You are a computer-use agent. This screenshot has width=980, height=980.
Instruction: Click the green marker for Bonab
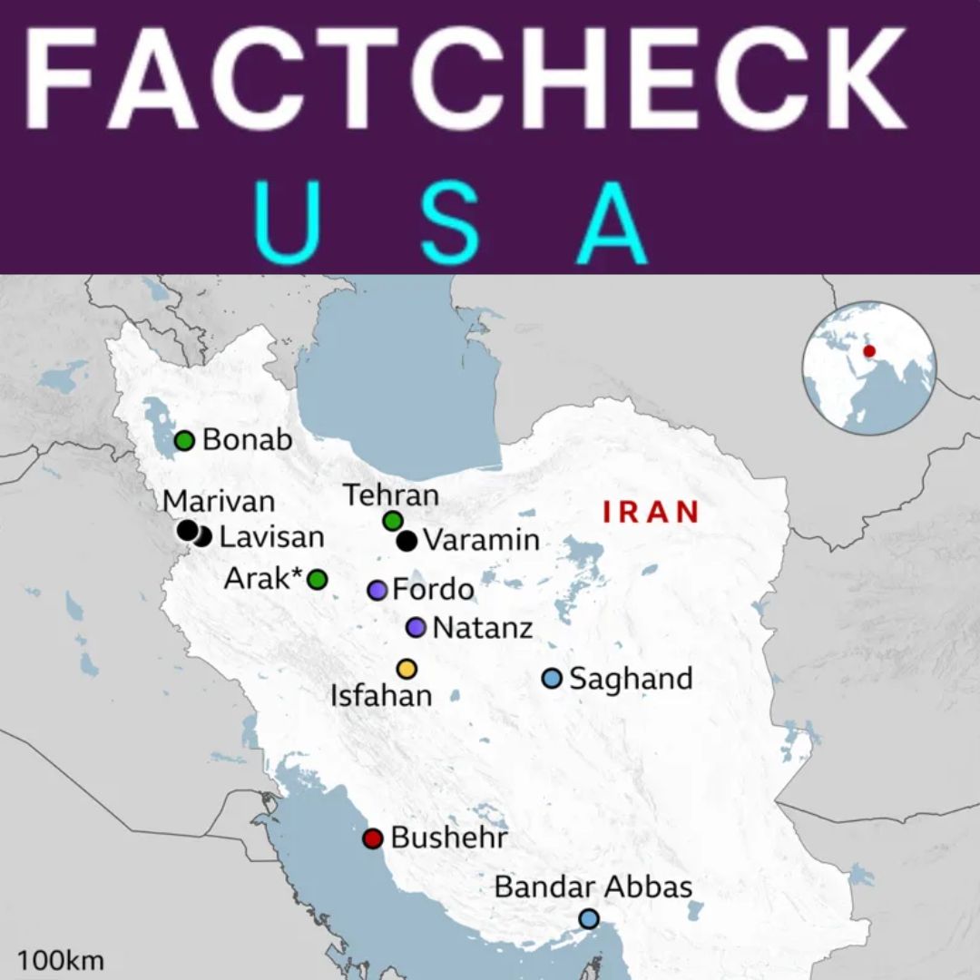[x=184, y=441]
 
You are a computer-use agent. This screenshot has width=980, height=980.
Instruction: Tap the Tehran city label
[x=391, y=495]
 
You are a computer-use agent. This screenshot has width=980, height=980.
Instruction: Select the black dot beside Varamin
[x=407, y=541]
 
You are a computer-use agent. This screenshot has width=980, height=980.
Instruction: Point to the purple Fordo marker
[x=377, y=590]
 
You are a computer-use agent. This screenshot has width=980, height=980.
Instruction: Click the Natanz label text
[x=482, y=627]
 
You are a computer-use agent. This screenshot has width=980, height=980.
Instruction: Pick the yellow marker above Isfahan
[x=407, y=669]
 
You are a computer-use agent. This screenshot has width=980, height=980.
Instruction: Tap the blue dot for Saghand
[x=552, y=678]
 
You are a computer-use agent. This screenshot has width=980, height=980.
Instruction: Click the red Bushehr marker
[x=372, y=838]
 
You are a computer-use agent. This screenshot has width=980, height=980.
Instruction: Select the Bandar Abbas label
[x=593, y=887]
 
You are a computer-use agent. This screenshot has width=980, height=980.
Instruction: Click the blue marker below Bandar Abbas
[x=589, y=919]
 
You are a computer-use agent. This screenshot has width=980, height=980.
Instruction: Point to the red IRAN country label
[x=652, y=512]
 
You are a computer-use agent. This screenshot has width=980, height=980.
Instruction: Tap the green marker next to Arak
[x=317, y=579]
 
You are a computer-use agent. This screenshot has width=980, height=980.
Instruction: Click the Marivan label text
[x=219, y=501]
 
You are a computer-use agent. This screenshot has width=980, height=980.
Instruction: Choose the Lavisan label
[x=271, y=536]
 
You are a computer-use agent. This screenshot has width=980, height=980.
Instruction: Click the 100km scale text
[x=60, y=960]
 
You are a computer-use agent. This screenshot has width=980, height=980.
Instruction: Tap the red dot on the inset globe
[x=869, y=351]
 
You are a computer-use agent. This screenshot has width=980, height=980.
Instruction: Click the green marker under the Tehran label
[x=393, y=520]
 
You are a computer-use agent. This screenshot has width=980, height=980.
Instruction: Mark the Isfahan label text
[x=381, y=696]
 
